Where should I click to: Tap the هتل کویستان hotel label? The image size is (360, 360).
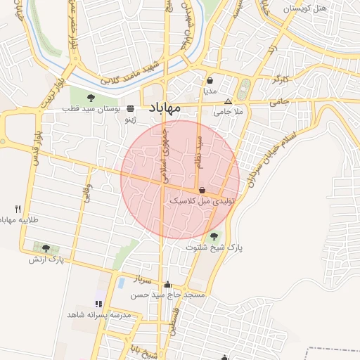click(309, 9)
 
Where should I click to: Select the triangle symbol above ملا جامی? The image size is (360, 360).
click(228, 101)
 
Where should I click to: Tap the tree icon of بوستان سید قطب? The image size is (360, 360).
click(92, 98)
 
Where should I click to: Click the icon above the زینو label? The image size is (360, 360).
click(131, 110)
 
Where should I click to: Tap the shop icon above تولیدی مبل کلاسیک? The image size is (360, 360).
click(202, 190)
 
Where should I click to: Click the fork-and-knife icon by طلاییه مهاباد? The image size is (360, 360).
click(18, 209)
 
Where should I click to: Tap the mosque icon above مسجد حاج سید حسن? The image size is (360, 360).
click(167, 285)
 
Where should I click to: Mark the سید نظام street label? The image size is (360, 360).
click(199, 151)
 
